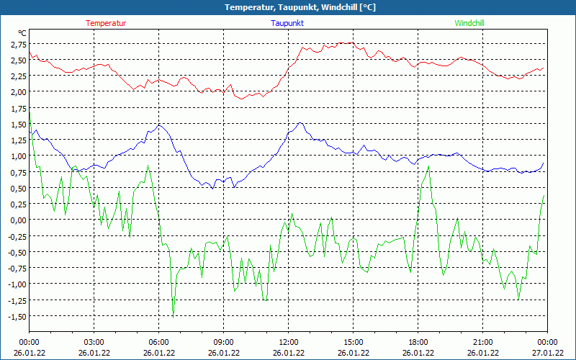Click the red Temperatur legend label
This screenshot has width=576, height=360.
click(x=106, y=23)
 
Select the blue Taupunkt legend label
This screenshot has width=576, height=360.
click(x=287, y=23)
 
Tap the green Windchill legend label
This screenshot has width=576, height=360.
click(x=469, y=23)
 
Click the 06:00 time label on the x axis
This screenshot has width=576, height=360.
click(x=158, y=342)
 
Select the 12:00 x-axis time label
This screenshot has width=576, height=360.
click(x=288, y=342)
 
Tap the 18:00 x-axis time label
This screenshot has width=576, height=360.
click(x=418, y=342)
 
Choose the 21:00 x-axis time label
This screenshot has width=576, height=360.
click(x=482, y=342)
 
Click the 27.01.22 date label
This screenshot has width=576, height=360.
click(x=547, y=353)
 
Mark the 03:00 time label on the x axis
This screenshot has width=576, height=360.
click(x=94, y=342)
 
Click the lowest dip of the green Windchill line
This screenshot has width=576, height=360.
click(x=173, y=316)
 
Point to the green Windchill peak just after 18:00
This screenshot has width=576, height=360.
click(x=428, y=167)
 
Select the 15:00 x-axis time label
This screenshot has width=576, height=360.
click(x=353, y=342)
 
